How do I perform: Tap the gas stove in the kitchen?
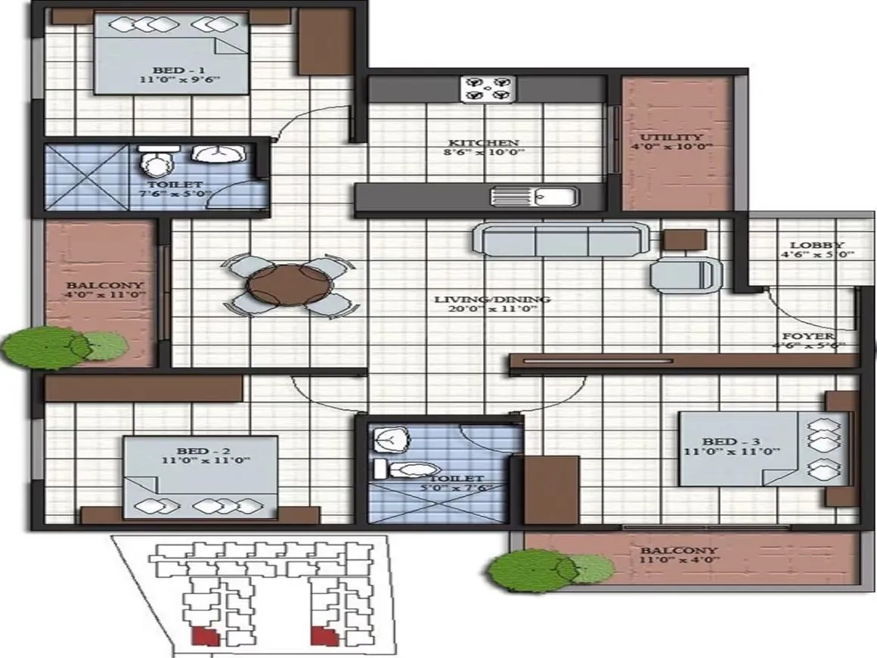[487, 88]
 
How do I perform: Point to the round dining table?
[289, 286]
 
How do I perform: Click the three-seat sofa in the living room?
[559, 240]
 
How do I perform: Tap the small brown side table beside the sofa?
[684, 240]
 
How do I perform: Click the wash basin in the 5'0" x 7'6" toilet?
[392, 437]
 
